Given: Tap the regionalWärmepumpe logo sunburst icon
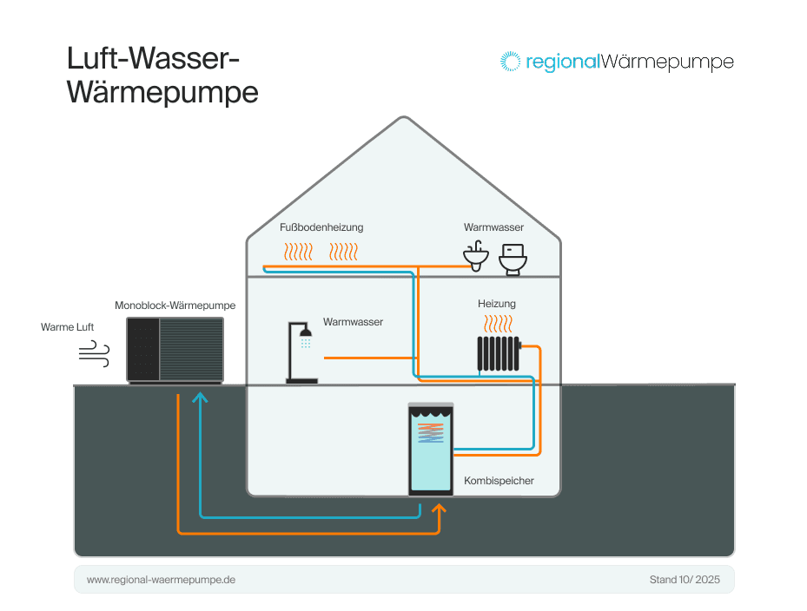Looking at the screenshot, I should tap(510, 62).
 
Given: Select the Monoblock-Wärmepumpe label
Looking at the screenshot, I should tap(175, 305).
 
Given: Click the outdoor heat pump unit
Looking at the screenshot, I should tap(175, 349).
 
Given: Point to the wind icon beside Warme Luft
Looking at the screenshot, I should tap(94, 351).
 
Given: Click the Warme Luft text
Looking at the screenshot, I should tap(67, 327).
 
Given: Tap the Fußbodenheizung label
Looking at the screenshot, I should tap(321, 227).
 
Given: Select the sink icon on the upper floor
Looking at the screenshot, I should tap(474, 258).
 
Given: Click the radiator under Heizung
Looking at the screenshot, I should tap(499, 354).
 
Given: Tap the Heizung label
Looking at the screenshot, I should tap(496, 304).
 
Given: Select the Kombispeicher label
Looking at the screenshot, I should tap(499, 480).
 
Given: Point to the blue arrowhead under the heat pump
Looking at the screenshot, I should tap(201, 397).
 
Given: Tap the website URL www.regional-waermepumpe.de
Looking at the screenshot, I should tap(161, 579).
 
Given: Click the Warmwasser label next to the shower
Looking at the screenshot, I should tap(353, 322).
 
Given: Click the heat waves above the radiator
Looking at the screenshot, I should tap(498, 325).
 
